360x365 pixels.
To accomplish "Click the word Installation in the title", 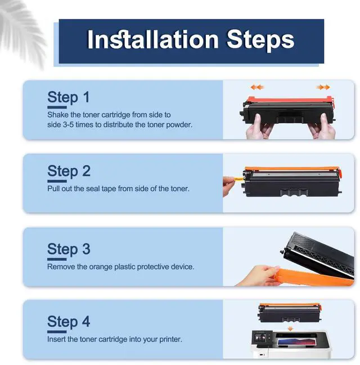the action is [x=153, y=39].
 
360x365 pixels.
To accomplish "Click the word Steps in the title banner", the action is [x=260, y=40].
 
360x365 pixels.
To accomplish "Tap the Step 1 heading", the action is [x=68, y=97].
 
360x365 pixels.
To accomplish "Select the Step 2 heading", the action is [x=69, y=171].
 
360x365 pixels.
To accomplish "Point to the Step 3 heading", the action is [x=69, y=249].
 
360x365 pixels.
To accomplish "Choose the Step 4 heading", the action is [x=69, y=322].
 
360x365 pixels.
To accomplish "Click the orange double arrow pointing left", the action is [x=257, y=87].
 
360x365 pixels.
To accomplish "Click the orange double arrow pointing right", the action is [x=323, y=87].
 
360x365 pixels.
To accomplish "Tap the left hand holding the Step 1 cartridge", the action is [x=259, y=128].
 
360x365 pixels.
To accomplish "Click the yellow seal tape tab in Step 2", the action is [x=238, y=179].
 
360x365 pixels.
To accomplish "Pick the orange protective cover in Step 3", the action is [x=314, y=277].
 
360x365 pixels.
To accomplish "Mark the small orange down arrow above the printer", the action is [x=290, y=328].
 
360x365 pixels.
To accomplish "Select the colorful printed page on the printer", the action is [x=297, y=342].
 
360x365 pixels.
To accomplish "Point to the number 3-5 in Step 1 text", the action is [x=68, y=125].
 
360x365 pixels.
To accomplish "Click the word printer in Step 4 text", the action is [x=170, y=339].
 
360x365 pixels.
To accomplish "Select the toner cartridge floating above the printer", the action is [x=290, y=313].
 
